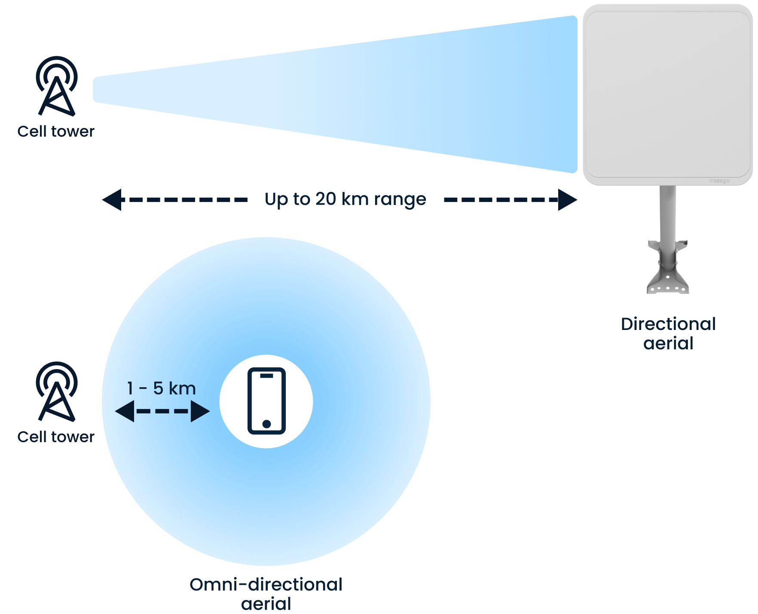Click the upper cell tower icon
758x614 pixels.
pos(57,86)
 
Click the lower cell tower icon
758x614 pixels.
pos(57,391)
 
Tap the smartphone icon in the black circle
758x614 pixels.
pos(266,401)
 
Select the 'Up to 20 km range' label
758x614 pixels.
pos(346,199)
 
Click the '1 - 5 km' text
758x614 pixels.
pos(162,388)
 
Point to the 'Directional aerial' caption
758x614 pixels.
pos(668,333)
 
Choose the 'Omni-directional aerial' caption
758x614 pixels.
pos(266,594)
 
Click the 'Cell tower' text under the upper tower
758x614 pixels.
pos(56,131)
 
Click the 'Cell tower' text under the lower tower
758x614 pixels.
pos(56,437)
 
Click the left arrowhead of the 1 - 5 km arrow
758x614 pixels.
pos(125,411)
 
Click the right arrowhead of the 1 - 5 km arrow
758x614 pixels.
pos(200,411)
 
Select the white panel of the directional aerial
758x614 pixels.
pos(667,95)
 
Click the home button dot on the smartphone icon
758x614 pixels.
pos(266,424)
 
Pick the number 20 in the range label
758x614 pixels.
pos(326,199)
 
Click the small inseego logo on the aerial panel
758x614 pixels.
pos(719,181)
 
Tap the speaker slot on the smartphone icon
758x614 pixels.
pos(266,376)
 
